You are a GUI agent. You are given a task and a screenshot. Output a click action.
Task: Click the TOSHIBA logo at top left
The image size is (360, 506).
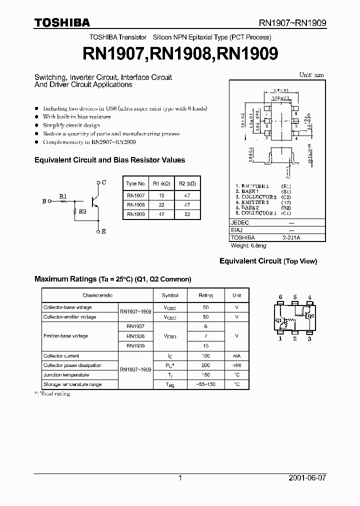click(x=62, y=22)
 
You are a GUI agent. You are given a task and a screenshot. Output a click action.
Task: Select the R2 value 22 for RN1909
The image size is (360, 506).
click(x=186, y=214)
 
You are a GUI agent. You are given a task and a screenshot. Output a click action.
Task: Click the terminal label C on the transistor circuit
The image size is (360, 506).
click(x=103, y=182)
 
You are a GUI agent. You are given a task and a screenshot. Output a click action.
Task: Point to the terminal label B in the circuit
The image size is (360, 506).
click(x=44, y=201)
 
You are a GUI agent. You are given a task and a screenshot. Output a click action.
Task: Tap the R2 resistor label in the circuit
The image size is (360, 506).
click(x=82, y=212)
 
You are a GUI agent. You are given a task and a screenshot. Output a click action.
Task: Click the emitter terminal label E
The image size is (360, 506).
click(x=103, y=231)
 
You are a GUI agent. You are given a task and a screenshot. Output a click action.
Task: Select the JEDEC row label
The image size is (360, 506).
click(x=241, y=222)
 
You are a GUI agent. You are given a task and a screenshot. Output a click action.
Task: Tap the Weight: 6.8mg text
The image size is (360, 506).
click(x=249, y=245)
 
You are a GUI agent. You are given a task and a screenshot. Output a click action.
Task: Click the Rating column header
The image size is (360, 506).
click(x=205, y=295)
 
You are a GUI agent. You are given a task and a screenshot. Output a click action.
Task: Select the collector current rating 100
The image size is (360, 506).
click(x=205, y=355)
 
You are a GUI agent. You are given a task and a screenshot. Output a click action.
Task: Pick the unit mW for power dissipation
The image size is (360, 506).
click(x=237, y=365)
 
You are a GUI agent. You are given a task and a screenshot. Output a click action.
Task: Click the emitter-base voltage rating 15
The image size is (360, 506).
click(x=205, y=345)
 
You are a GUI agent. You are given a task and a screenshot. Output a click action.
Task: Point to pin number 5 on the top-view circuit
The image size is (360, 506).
click(x=295, y=297)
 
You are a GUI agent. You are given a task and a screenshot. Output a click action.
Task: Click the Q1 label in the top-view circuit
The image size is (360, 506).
click(x=278, y=320)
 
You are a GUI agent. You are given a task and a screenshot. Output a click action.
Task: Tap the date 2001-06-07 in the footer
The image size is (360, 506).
click(x=307, y=478)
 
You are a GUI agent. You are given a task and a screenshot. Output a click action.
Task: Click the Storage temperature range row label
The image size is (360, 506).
click(x=72, y=384)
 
